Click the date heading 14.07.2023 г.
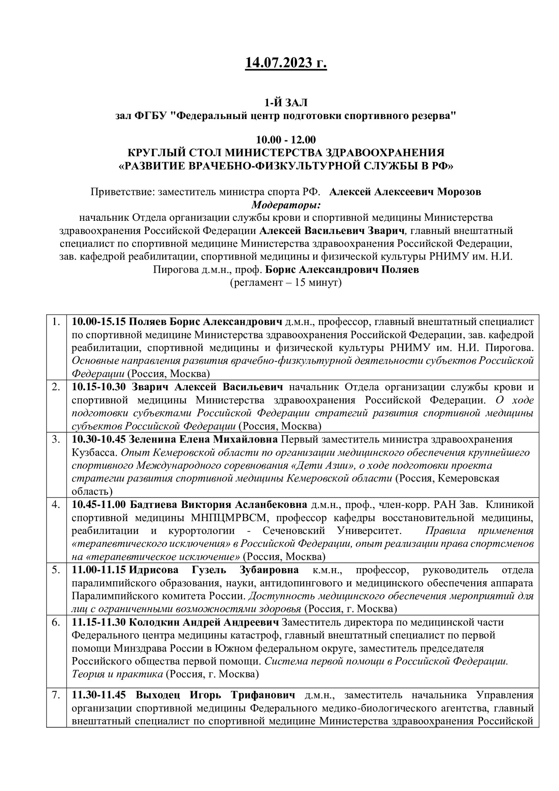[286, 63]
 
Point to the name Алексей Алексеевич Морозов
[405, 192]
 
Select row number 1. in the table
[56, 321]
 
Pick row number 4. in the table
[56, 505]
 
